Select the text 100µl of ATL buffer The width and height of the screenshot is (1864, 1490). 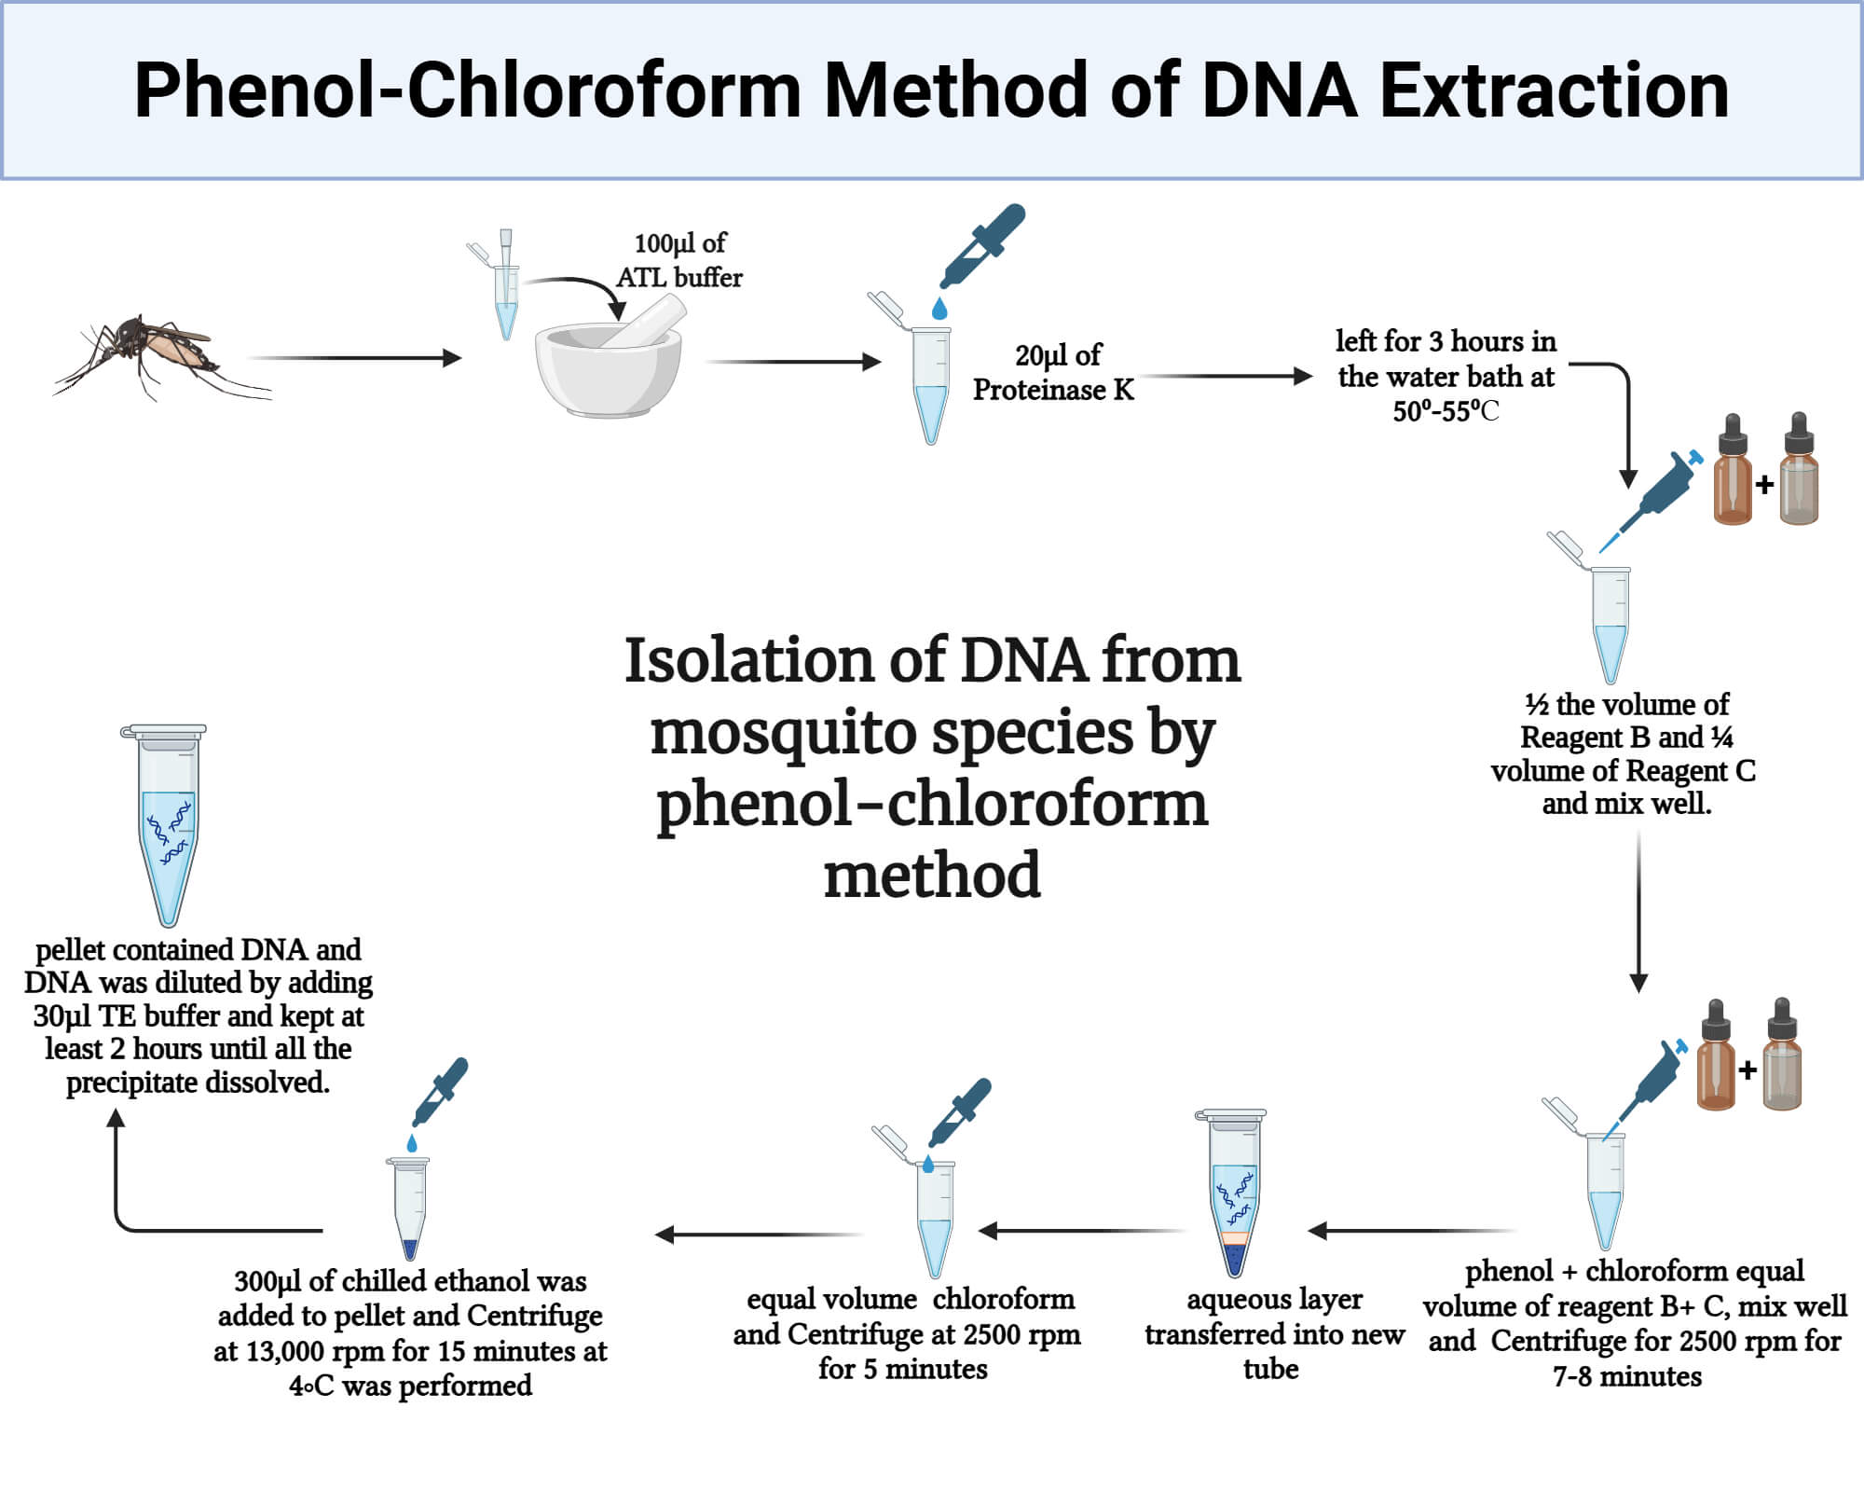679,260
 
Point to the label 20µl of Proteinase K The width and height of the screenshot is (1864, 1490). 1054,372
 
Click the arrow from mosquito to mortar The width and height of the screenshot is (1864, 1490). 354,357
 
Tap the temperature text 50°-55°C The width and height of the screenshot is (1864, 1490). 1445,411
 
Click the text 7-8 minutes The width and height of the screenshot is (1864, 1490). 1626,1376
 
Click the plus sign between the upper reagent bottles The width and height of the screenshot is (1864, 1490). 1763,485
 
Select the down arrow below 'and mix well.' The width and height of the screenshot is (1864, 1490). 1638,914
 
